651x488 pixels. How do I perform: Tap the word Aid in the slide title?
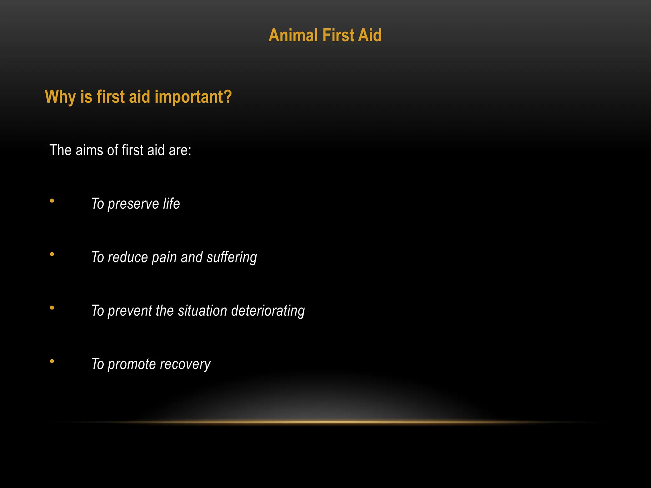(x=370, y=35)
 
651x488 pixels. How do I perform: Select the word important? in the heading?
(x=193, y=97)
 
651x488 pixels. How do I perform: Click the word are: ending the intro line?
(x=180, y=150)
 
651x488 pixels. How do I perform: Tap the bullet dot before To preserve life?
(x=52, y=201)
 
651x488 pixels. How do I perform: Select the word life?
(x=171, y=204)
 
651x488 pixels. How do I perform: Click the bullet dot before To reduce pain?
(x=52, y=254)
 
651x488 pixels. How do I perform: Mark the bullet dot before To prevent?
(x=52, y=308)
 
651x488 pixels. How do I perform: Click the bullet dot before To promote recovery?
(x=52, y=361)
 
